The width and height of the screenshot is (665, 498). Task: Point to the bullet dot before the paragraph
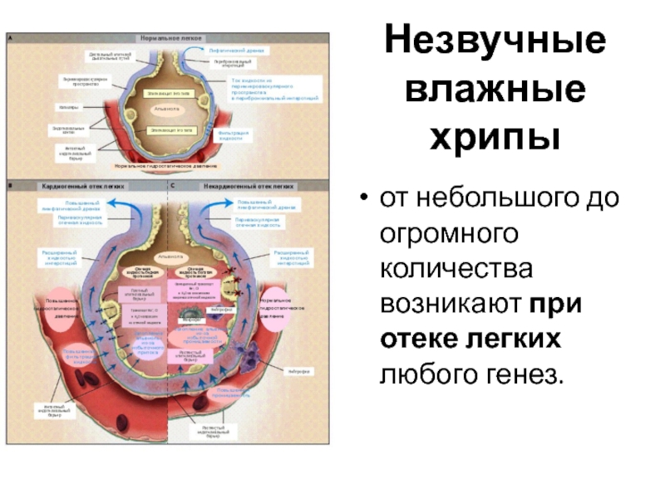(362, 199)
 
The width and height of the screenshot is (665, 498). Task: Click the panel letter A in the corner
(11, 37)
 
